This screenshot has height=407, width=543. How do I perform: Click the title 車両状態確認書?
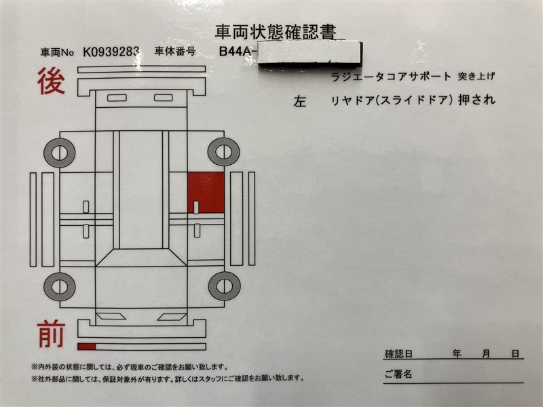[x=275, y=31]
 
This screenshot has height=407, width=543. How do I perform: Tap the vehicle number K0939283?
[x=112, y=51]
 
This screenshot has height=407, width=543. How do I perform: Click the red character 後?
[x=52, y=82]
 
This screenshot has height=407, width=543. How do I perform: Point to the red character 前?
[x=52, y=334]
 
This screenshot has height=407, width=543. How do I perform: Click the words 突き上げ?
[x=475, y=76]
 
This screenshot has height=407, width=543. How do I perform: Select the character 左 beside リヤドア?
[x=300, y=102]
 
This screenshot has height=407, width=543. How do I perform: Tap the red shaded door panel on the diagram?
[x=206, y=192]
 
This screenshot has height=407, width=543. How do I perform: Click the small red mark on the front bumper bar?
[x=86, y=347]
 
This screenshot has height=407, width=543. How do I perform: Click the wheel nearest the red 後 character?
[x=60, y=152]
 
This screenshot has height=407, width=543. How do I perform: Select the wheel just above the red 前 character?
[x=60, y=286]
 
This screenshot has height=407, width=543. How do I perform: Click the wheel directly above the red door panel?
[x=223, y=151]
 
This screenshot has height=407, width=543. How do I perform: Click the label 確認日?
[x=398, y=354]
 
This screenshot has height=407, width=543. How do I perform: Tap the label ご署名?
[x=398, y=374]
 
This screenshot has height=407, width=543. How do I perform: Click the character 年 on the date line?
[x=457, y=354]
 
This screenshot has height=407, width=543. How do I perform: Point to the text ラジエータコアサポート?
[x=390, y=76]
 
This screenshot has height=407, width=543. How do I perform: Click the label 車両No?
[x=56, y=52]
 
